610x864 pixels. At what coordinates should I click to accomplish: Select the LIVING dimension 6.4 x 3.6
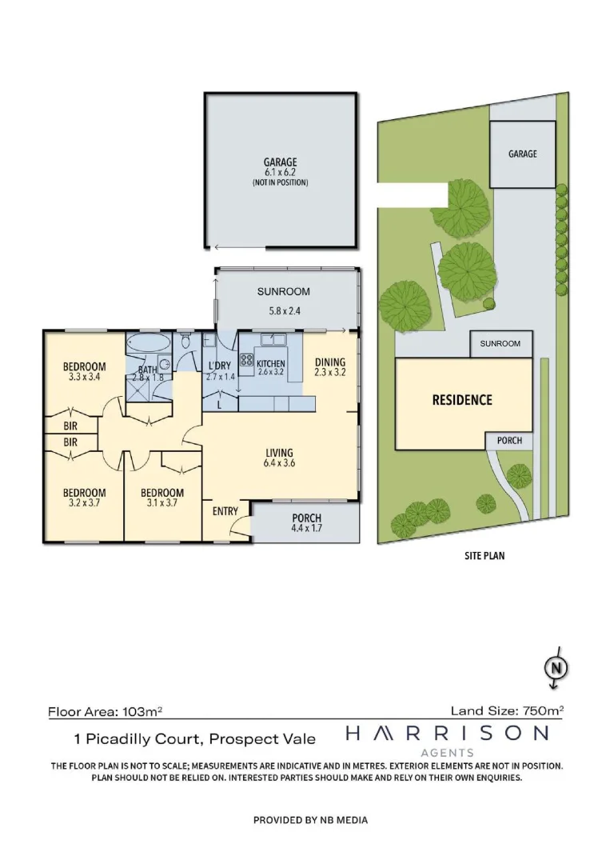(x=279, y=463)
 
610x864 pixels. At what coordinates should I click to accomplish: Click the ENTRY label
(x=225, y=510)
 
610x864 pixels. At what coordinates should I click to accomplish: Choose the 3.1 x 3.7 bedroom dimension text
(x=161, y=503)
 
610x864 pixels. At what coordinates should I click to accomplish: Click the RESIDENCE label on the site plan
(x=462, y=400)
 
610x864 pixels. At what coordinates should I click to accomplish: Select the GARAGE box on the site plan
(x=522, y=154)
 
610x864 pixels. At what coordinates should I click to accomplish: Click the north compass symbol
(x=554, y=667)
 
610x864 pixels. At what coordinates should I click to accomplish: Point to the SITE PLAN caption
(x=484, y=555)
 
